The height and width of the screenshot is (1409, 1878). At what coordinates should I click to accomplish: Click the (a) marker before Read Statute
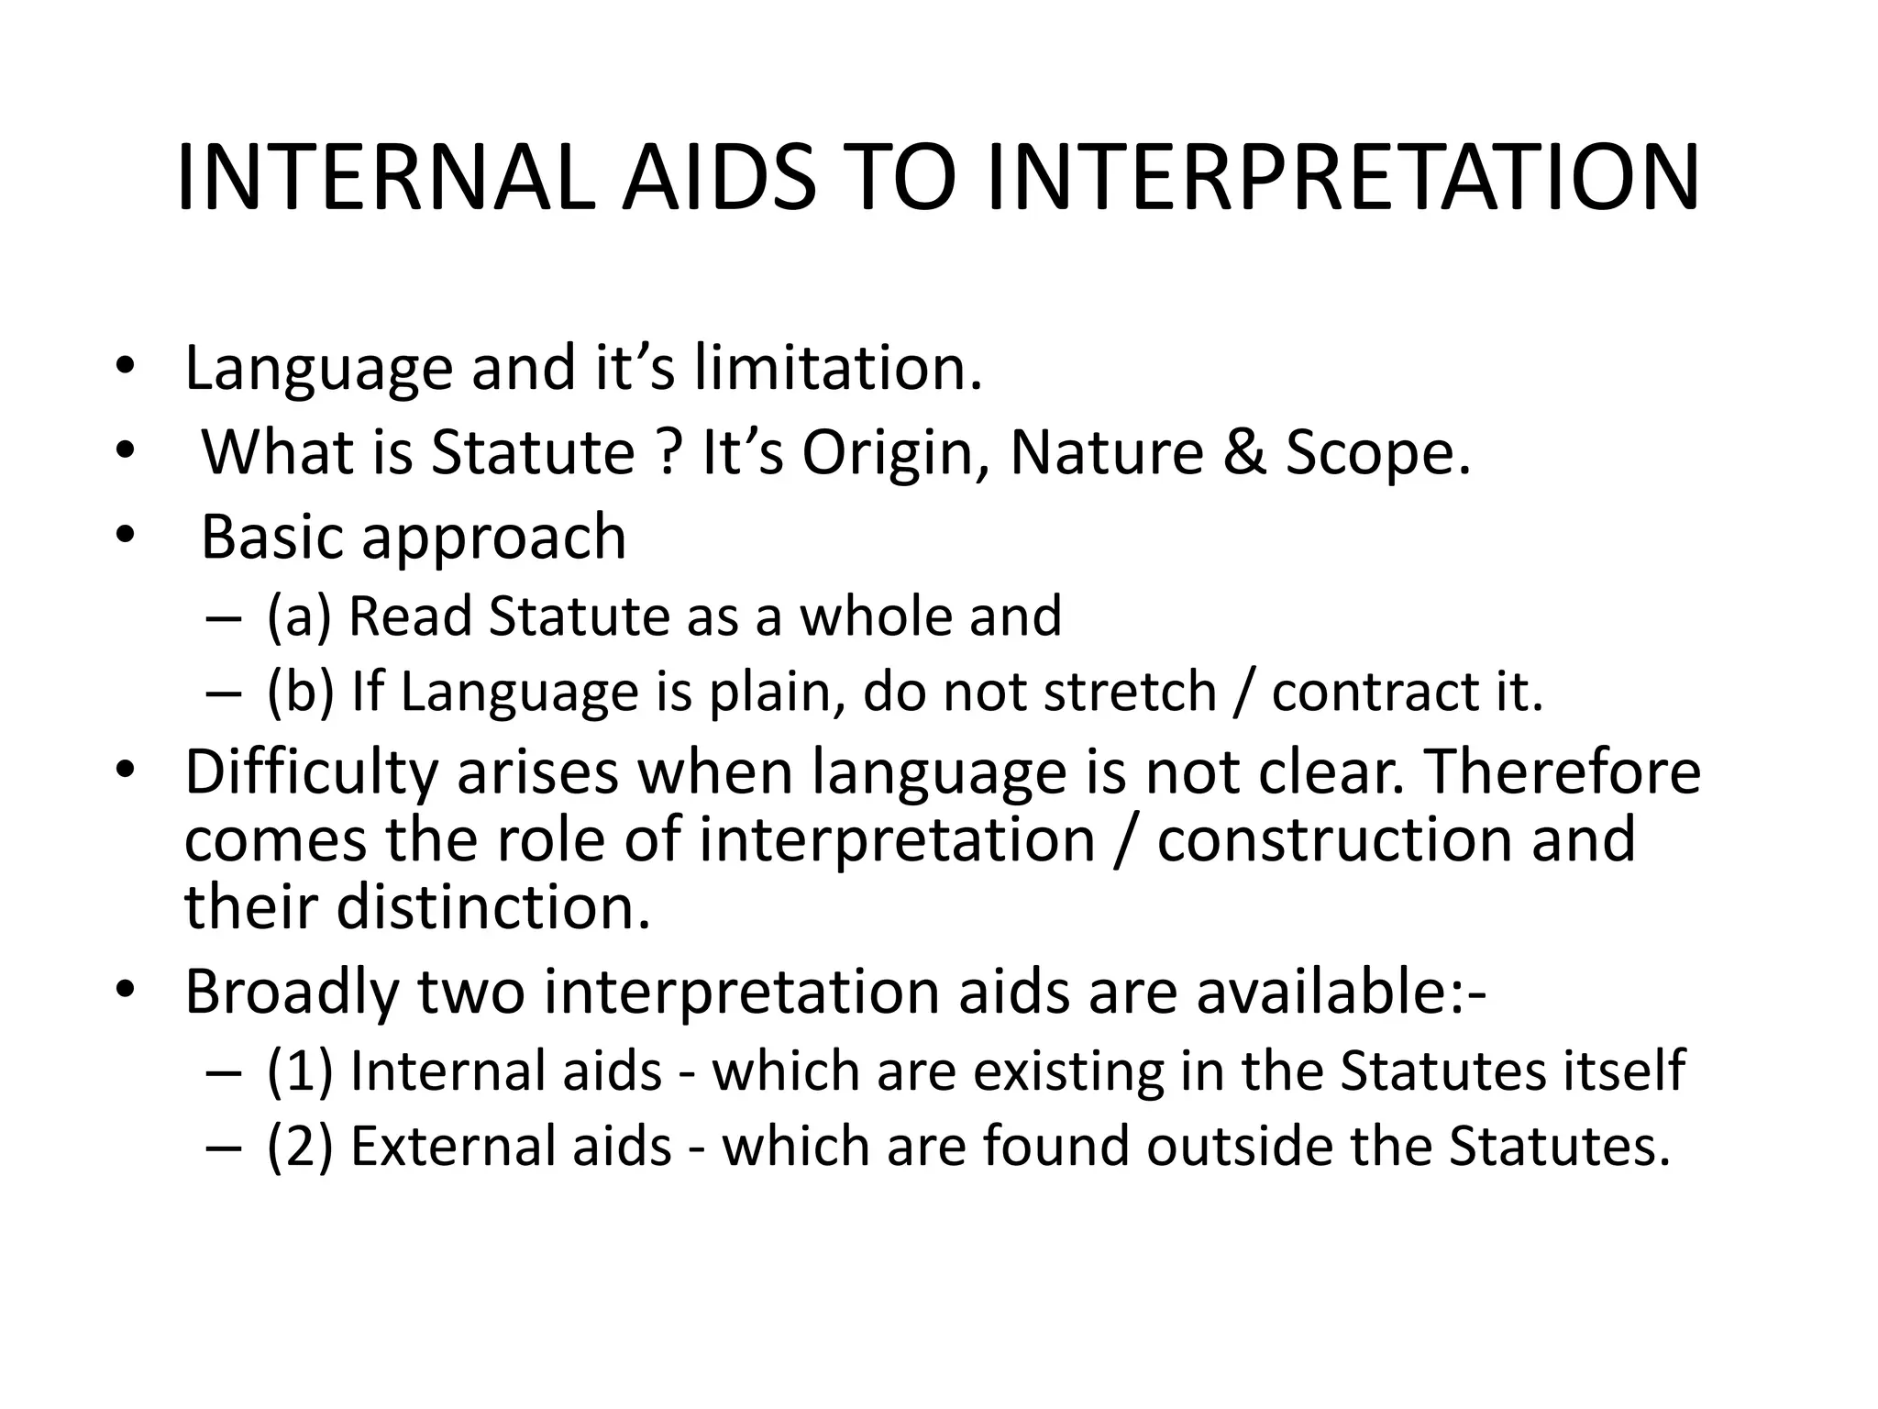click(299, 616)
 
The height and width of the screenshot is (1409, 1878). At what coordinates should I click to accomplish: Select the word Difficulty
click(311, 772)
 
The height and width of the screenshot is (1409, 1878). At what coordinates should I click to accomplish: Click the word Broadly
click(292, 992)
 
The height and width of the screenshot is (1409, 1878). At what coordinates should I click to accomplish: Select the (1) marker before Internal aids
click(299, 1071)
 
